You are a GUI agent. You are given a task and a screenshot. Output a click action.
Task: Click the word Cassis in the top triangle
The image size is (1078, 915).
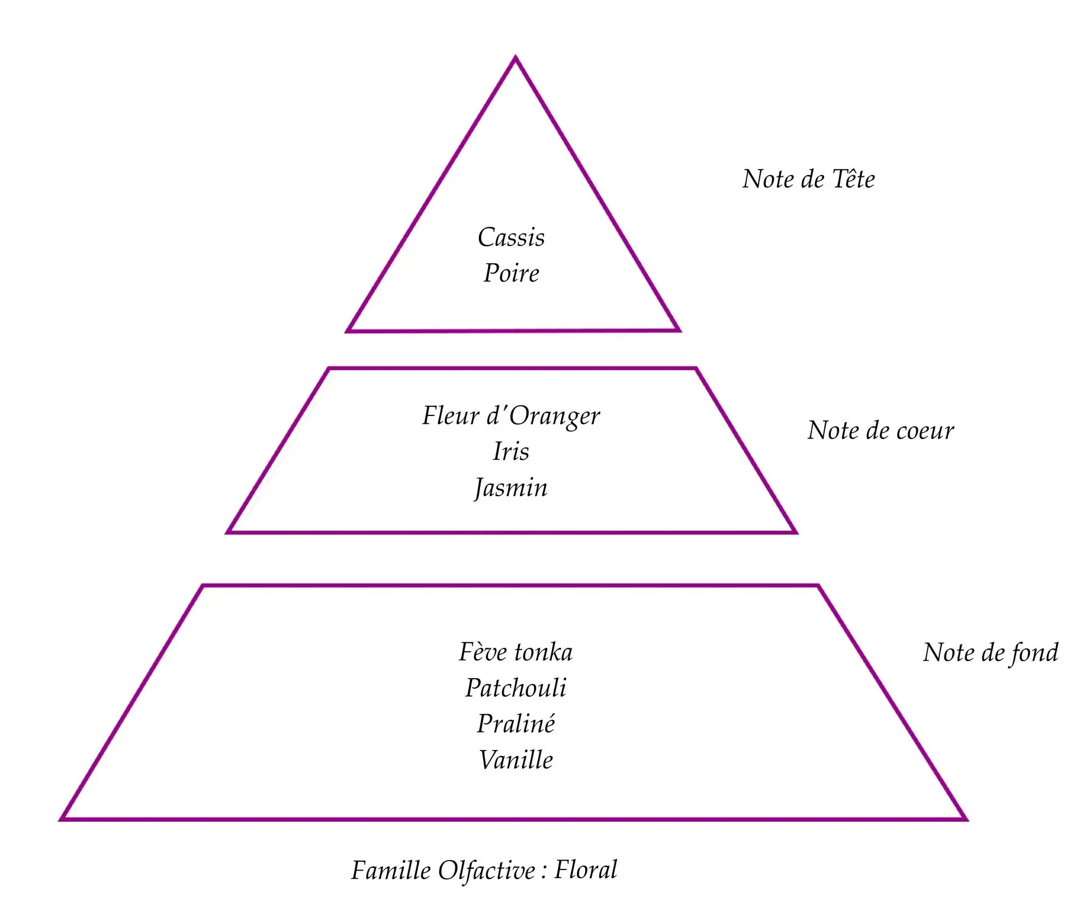coord(511,237)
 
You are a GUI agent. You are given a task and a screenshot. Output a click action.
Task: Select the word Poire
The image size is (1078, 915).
coord(511,273)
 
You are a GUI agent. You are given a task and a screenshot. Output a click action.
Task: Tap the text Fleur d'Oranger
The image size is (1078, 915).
coord(511,416)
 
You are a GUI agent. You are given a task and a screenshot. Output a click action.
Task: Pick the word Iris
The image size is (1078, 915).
coord(511,451)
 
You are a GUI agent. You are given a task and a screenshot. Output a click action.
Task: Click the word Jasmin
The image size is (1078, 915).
coord(511,487)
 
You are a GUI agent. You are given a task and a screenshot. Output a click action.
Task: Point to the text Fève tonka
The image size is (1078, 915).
coord(515,652)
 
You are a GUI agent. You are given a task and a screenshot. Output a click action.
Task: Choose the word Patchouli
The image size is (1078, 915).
coord(515,688)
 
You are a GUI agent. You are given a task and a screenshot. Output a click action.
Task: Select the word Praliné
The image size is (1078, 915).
coord(515,724)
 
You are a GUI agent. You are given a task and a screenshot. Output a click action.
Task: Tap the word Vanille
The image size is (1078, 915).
coord(515,760)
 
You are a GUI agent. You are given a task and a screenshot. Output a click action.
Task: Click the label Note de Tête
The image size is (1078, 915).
coord(808,180)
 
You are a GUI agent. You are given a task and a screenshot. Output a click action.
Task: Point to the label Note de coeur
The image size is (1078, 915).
coord(880,431)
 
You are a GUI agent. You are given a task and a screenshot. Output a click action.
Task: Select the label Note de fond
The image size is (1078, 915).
coord(990,653)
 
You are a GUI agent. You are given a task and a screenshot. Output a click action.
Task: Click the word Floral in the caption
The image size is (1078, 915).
coord(586,870)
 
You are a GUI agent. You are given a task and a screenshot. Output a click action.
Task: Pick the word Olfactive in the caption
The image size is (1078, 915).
coord(486,870)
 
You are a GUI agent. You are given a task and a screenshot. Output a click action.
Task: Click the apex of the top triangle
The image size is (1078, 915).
coord(515,58)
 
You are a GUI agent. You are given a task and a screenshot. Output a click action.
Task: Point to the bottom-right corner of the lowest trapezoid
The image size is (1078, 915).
coord(965,818)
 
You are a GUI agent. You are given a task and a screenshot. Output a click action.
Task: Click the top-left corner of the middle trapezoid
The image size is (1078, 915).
coord(329,369)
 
